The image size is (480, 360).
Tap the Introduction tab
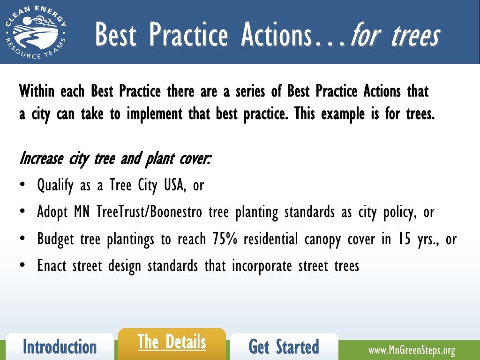pyautogui.click(x=60, y=347)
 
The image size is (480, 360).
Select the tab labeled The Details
pyautogui.click(x=172, y=343)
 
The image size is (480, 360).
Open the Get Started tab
pyautogui.click(x=284, y=347)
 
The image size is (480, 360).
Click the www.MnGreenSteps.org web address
pyautogui.click(x=412, y=351)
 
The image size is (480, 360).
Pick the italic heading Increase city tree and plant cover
pyautogui.click(x=115, y=159)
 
